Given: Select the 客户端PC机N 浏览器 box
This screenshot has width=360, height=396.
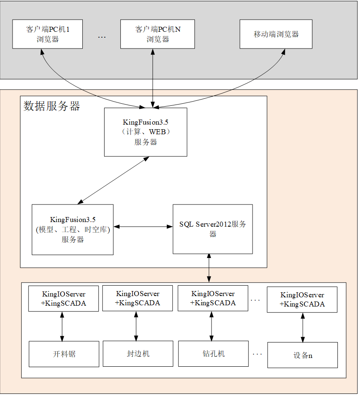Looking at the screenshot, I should (158, 34).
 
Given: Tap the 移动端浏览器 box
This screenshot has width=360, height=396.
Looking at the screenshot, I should (276, 34).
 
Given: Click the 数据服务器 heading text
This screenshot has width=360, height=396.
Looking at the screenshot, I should (51, 106).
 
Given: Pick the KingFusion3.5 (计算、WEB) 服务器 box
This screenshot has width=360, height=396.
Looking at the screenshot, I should (146, 132).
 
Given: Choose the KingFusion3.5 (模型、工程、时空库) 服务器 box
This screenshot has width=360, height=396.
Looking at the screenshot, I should (72, 230).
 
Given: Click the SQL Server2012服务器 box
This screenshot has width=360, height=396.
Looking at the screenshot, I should (212, 229).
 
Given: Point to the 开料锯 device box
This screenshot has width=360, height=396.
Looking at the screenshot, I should (64, 354).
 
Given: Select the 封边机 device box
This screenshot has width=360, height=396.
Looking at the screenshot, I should (138, 354).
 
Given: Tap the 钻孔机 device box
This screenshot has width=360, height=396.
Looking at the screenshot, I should (213, 354).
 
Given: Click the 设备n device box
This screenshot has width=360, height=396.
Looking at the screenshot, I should (302, 355).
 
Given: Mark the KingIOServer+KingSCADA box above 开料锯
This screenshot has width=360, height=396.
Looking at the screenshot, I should (63, 299).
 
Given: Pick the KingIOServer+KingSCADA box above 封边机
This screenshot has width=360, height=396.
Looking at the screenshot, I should (137, 298).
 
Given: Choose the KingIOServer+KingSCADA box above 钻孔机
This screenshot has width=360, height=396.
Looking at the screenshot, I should (212, 298).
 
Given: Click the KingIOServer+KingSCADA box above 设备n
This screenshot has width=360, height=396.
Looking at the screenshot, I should (302, 299).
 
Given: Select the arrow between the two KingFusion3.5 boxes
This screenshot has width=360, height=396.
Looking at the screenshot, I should (113, 181).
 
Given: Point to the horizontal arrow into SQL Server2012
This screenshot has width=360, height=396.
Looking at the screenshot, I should (143, 226).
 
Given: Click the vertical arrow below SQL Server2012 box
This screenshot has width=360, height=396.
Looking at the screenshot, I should (209, 268).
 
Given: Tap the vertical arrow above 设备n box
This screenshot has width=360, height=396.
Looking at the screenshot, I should (303, 327).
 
